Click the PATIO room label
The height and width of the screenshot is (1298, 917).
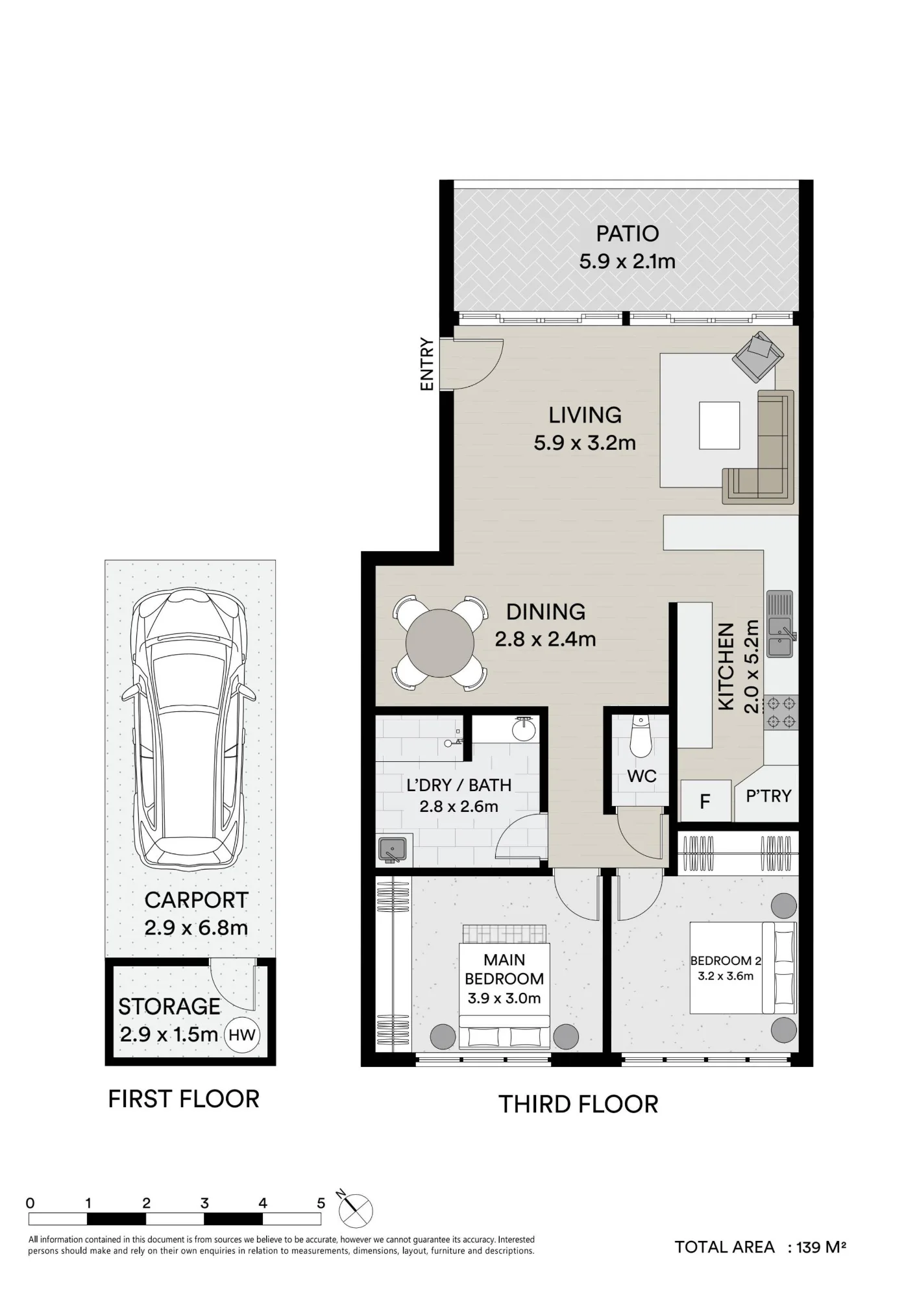[627, 234]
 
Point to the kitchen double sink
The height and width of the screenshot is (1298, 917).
[780, 624]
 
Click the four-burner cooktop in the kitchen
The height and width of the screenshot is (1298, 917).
[781, 712]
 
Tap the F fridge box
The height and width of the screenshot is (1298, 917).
[705, 801]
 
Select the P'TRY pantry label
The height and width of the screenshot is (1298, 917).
[768, 796]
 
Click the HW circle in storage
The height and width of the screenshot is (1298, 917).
[242, 1035]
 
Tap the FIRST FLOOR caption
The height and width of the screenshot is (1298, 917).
[184, 1099]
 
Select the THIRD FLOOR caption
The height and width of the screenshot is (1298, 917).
[578, 1104]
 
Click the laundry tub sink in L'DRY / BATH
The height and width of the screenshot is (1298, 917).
[393, 850]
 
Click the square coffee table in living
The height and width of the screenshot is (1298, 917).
[719, 425]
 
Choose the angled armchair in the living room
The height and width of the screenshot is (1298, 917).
[758, 356]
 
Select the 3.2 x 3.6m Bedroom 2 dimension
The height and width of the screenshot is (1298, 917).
[726, 975]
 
